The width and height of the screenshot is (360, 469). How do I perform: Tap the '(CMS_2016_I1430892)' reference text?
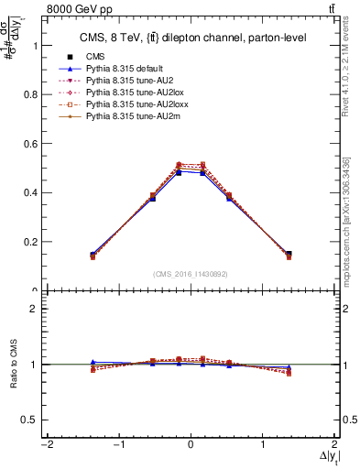[191, 274]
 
